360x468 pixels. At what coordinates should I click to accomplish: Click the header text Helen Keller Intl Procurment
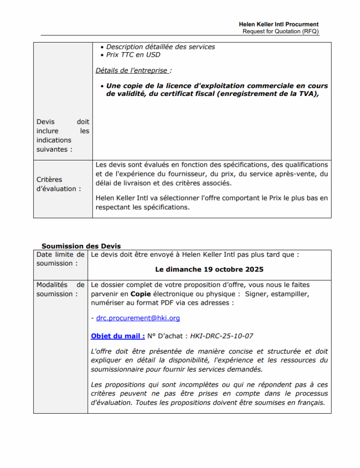pos(279,24)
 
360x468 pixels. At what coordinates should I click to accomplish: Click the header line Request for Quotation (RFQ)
pos(281,31)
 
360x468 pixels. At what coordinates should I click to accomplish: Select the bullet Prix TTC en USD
pos(133,55)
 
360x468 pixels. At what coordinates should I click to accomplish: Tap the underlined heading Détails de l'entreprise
pos(133,70)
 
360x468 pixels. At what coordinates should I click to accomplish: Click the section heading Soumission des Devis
pos(81,246)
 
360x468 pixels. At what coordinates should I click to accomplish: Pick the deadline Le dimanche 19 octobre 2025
pos(209,269)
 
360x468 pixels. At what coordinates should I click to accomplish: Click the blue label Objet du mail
pos(117,336)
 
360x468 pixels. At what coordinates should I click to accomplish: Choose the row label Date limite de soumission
pos(60,259)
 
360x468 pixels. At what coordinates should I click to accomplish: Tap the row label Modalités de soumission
pos(60,289)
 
